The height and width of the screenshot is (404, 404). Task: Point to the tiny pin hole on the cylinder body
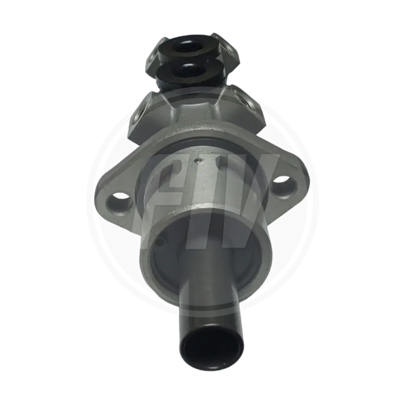tap(201, 163)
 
